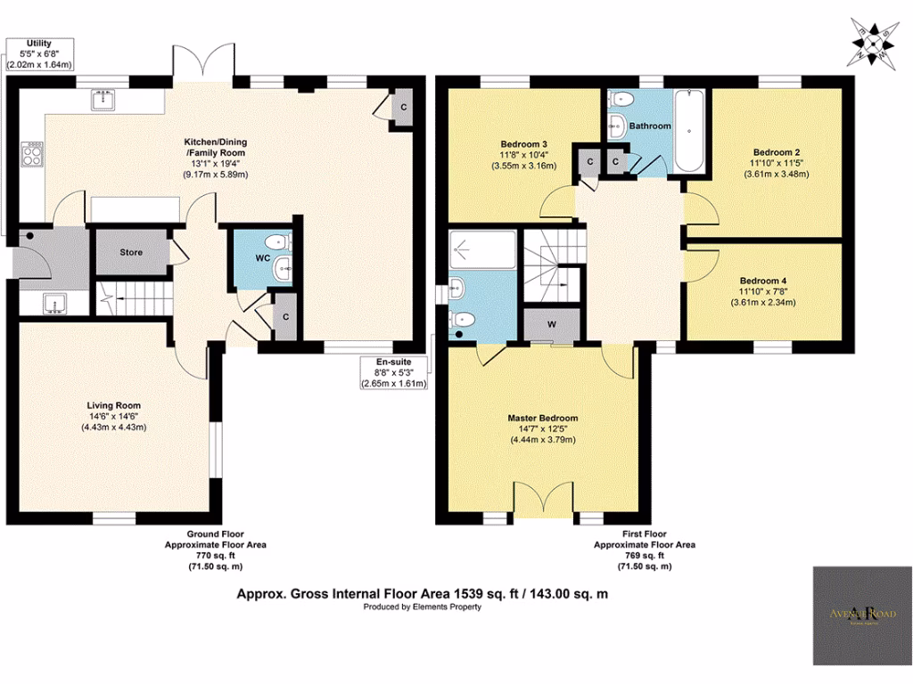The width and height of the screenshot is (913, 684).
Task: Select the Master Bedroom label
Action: (542, 418)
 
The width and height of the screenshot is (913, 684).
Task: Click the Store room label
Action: (131, 252)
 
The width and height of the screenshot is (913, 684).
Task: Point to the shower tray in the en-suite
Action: (481, 249)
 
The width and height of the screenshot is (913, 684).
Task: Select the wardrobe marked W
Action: (551, 324)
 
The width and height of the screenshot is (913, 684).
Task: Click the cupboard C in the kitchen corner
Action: (404, 107)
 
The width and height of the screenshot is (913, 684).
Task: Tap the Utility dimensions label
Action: (39, 53)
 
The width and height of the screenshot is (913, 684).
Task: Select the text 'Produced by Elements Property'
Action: (422, 607)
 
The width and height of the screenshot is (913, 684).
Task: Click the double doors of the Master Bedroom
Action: (543, 497)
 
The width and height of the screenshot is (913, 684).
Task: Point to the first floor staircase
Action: (551, 265)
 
